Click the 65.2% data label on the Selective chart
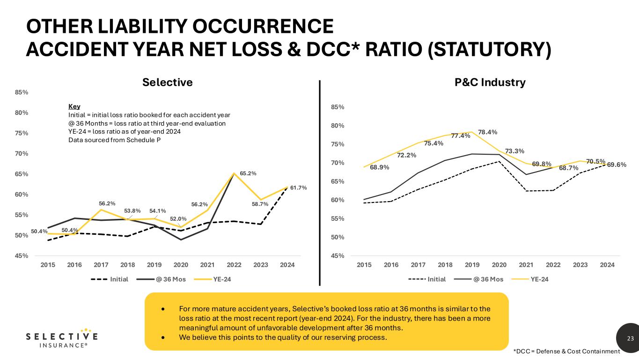pyautogui.click(x=248, y=173)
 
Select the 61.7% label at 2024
pyautogui.click(x=298, y=188)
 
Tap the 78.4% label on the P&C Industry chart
pyautogui.click(x=487, y=132)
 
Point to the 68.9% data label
pyautogui.click(x=380, y=167)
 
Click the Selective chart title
pyautogui.click(x=167, y=82)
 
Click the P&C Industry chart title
pyautogui.click(x=490, y=82)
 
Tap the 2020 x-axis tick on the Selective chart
pyautogui.click(x=181, y=265)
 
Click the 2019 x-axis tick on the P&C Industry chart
pyautogui.click(x=472, y=265)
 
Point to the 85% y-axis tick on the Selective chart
pyautogui.click(x=22, y=92)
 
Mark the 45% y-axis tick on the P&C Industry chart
pyautogui.click(x=338, y=256)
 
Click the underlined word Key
pyautogui.click(x=74, y=106)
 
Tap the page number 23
pyautogui.click(x=630, y=338)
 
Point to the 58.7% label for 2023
pyautogui.click(x=260, y=204)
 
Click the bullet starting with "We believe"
pyautogui.click(x=283, y=337)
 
